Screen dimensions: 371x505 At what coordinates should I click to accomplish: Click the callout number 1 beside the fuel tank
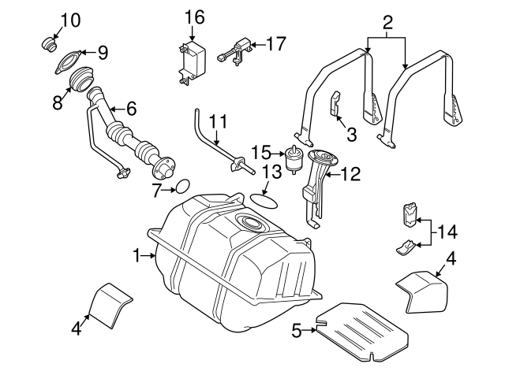(137, 255)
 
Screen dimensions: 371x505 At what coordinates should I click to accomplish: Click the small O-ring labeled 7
(181, 187)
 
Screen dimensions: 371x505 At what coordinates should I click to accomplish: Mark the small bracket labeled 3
(335, 105)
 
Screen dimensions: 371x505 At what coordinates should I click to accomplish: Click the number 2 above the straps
(387, 23)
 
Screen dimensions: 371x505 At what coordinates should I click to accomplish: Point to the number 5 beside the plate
(297, 331)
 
